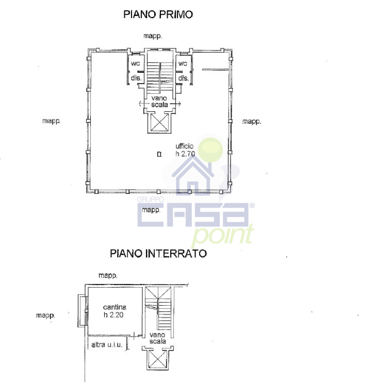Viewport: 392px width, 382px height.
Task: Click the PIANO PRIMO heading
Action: point(158,15)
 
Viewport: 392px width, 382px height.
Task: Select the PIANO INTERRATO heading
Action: point(158,254)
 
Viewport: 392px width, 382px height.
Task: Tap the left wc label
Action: point(135,63)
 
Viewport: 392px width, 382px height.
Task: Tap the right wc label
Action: point(183,63)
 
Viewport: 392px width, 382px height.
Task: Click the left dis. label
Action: point(136,78)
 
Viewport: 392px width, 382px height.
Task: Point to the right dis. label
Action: point(183,78)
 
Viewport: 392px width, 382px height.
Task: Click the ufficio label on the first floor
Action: point(185,146)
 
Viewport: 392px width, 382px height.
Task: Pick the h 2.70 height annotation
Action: point(185,154)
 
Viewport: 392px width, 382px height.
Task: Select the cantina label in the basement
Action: point(115,307)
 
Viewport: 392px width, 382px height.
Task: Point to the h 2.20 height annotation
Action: point(113,315)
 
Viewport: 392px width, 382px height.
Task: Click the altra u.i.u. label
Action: point(107,345)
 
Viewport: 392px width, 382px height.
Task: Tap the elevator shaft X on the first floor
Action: point(160,122)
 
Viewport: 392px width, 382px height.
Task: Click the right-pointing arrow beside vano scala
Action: point(175,104)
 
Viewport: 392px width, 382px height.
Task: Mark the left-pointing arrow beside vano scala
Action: point(144,104)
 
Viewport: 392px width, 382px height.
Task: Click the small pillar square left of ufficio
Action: point(159,154)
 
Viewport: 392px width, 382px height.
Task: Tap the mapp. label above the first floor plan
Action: point(153,36)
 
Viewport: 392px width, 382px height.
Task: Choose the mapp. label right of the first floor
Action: point(252,122)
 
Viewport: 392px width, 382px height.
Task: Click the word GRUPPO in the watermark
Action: point(150,199)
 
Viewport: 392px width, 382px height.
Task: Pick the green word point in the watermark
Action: point(223,235)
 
